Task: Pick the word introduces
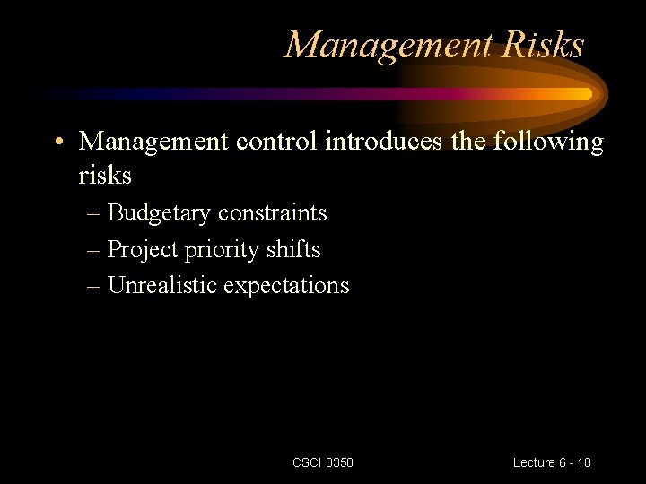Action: [376, 142]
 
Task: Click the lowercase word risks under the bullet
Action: [105, 176]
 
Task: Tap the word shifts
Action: [293, 249]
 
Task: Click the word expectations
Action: [286, 286]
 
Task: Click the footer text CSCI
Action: [306, 462]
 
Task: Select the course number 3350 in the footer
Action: [339, 462]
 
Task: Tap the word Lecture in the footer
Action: [534, 462]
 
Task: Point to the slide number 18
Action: [584, 462]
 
